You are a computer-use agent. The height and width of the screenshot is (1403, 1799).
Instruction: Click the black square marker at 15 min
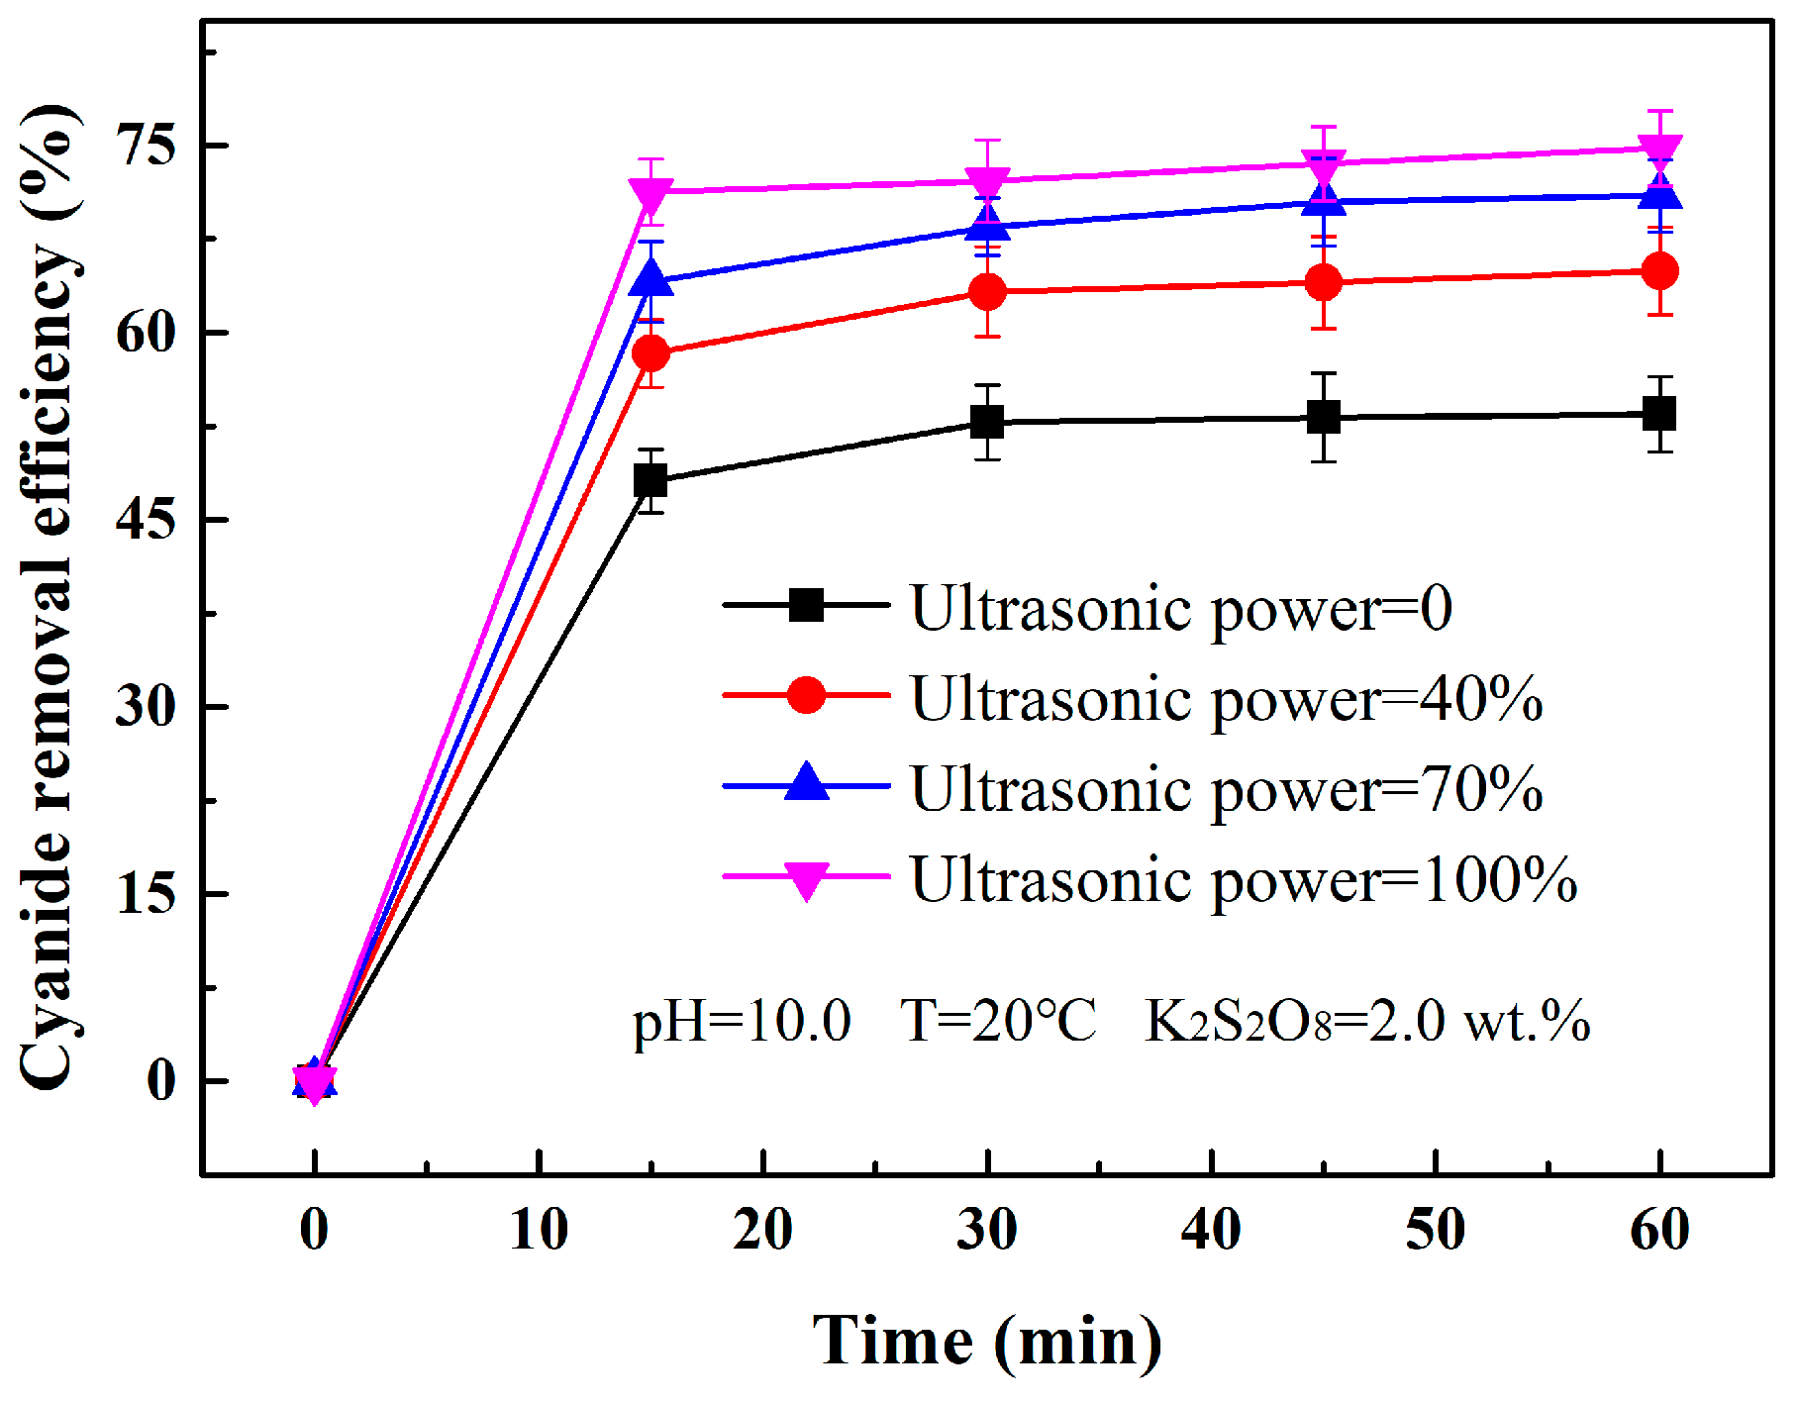pyautogui.click(x=650, y=481)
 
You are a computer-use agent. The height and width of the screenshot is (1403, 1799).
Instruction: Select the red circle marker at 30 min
pyautogui.click(x=987, y=292)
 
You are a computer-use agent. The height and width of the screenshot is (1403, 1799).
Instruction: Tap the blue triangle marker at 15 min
pyautogui.click(x=650, y=280)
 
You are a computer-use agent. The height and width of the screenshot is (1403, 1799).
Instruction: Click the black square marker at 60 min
pyautogui.click(x=1659, y=414)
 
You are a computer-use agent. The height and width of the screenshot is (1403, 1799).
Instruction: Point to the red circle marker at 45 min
pyautogui.click(x=1324, y=283)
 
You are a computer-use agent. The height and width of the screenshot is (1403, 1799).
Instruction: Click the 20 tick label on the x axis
pyautogui.click(x=762, y=1230)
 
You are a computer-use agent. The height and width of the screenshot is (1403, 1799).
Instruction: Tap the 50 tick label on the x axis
pyautogui.click(x=1436, y=1230)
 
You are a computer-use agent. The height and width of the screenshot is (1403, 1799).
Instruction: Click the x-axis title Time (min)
pyautogui.click(x=987, y=1342)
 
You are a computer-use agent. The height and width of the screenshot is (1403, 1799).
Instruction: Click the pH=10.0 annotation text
pyautogui.click(x=742, y=1021)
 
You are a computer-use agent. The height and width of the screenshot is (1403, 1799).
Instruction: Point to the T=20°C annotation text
pyautogui.click(x=998, y=1021)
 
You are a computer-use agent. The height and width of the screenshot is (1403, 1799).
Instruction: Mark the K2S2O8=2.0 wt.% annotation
pyautogui.click(x=1366, y=1021)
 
